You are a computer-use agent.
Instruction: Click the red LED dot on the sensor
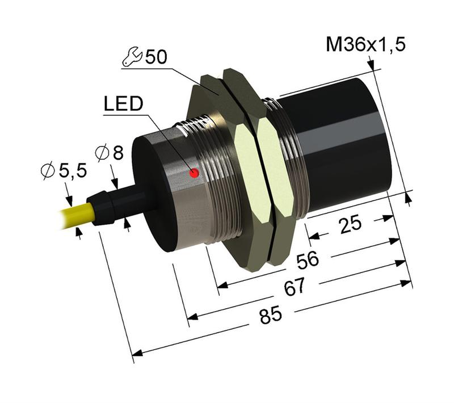195,173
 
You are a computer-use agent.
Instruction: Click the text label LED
124,104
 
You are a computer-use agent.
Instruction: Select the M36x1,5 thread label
365,45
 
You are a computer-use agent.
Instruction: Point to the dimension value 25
351,224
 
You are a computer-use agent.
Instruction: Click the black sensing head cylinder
340,148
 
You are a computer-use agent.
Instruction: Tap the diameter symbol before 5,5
50,170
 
